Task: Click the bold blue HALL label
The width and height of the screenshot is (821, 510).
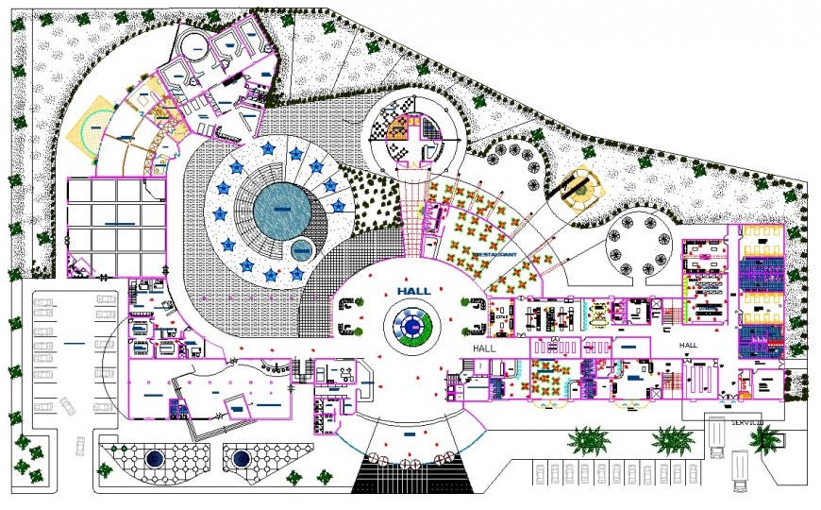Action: click(411, 291)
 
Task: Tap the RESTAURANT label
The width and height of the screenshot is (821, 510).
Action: click(494, 255)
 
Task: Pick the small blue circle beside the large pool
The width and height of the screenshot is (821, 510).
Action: click(301, 250)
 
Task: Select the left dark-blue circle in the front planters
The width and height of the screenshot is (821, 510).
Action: click(152, 461)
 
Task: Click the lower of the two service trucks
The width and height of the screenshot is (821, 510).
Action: click(739, 468)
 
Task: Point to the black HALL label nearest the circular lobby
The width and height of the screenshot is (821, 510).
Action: click(485, 348)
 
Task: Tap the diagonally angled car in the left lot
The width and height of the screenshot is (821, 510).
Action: click(68, 406)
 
